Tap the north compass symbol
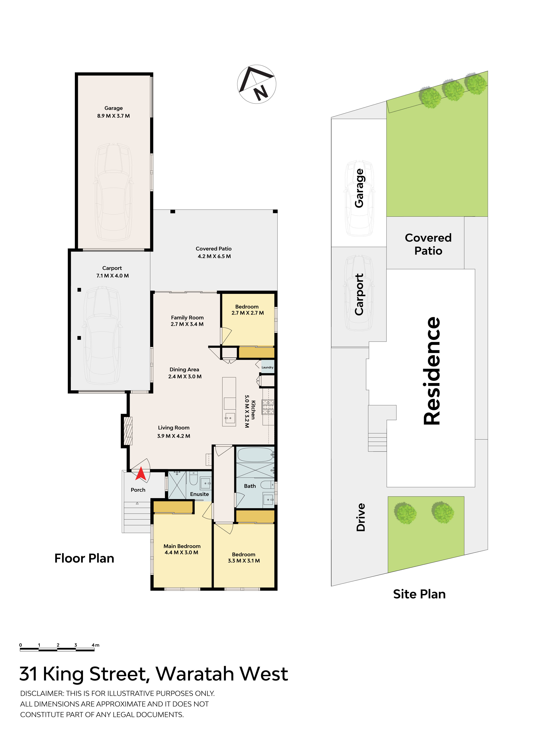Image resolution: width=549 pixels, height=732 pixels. pyautogui.click(x=256, y=84)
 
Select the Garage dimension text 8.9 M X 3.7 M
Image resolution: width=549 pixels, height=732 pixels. pyautogui.click(x=113, y=116)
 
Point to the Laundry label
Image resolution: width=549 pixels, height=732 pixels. pyautogui.click(x=267, y=367)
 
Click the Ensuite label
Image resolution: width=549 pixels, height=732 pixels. pyautogui.click(x=199, y=494)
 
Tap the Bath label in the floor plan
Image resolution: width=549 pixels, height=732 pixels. pyautogui.click(x=250, y=486)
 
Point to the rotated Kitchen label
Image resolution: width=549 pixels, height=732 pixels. pyautogui.click(x=253, y=410)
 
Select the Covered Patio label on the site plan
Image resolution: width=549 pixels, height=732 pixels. pyautogui.click(x=428, y=244)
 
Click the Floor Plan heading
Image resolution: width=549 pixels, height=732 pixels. pyautogui.click(x=84, y=558)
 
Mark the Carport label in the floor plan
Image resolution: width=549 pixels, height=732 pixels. pyautogui.click(x=112, y=268)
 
